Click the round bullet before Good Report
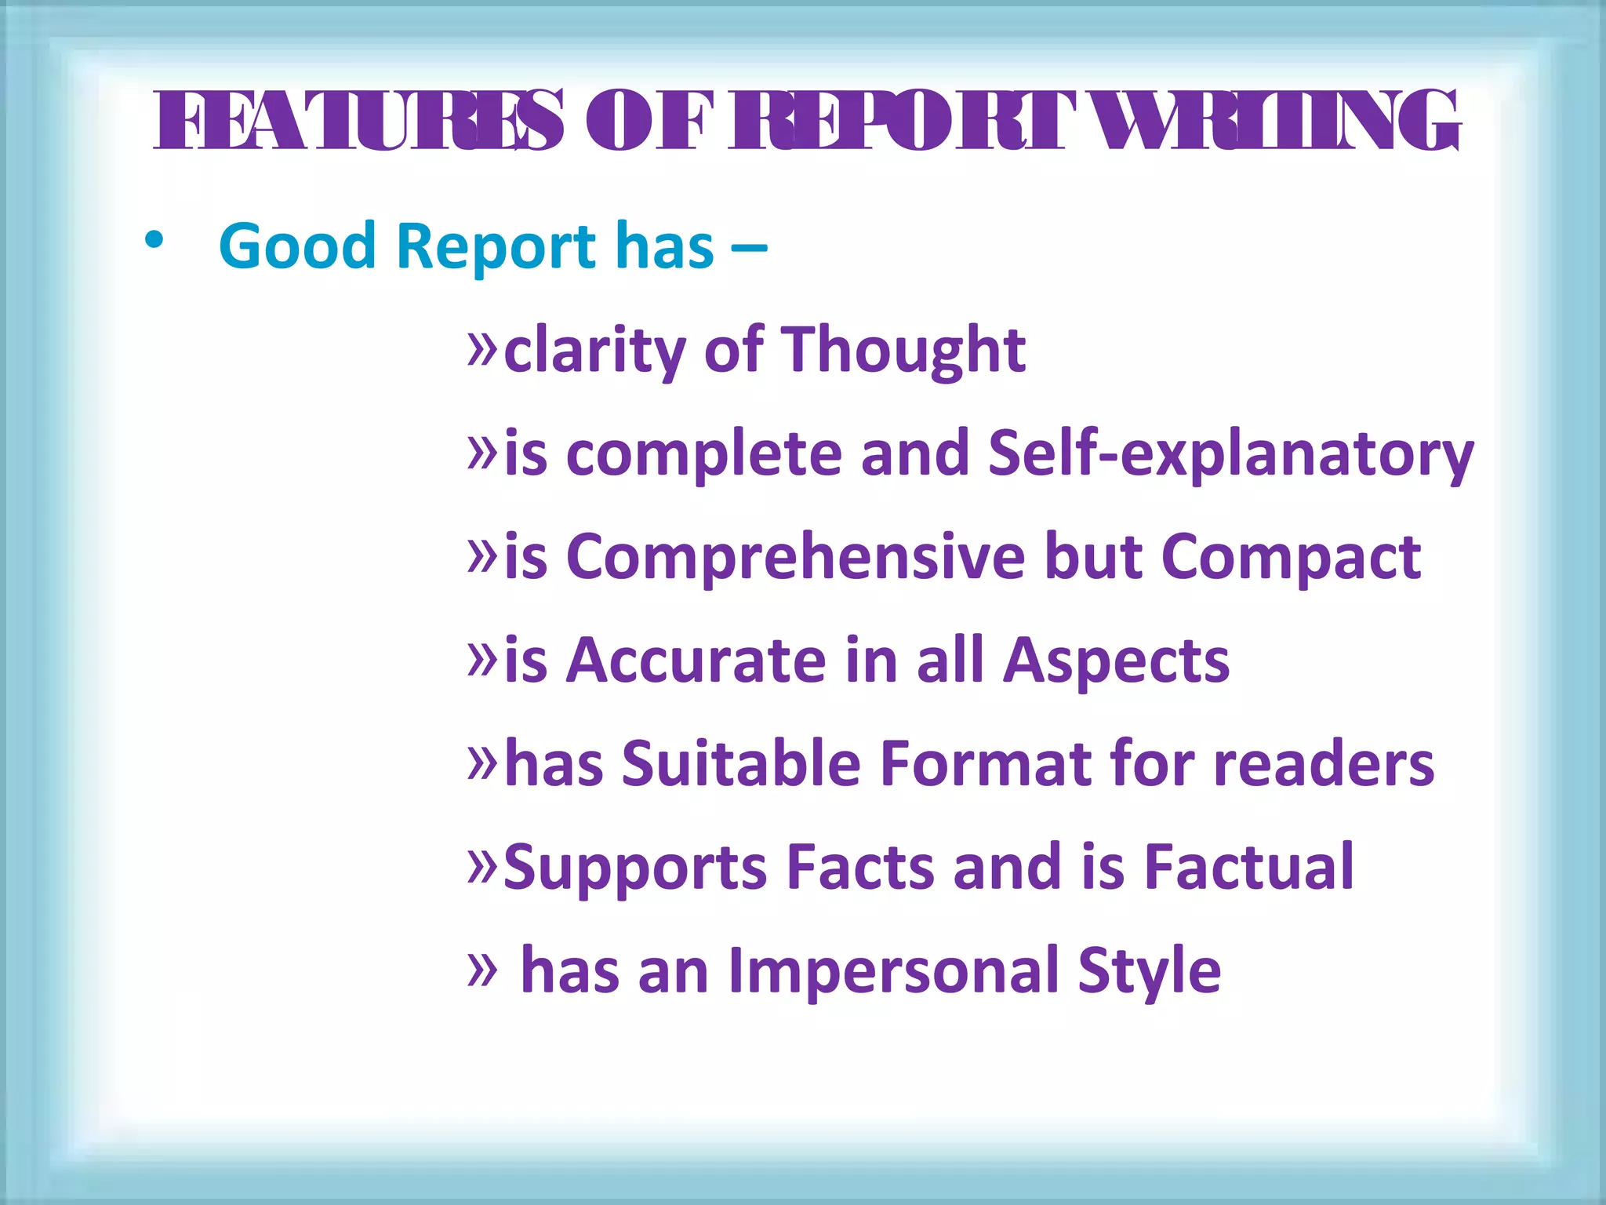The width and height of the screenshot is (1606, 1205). coord(154,242)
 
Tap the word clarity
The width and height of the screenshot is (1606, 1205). coord(594,351)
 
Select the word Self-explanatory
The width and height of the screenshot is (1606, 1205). coord(1230,454)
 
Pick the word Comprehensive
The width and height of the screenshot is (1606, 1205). coord(794,558)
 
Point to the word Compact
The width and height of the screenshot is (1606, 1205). coord(1290,558)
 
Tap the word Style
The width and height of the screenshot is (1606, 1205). coord(1149,971)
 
